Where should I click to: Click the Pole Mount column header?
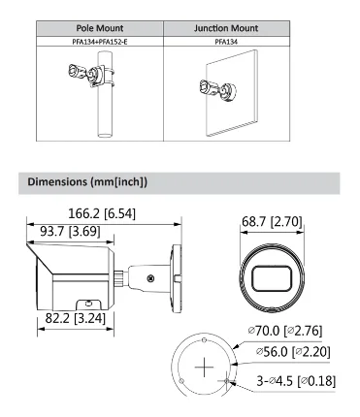tap(100, 28)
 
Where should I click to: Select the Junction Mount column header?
tap(226, 28)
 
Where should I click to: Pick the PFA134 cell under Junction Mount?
tap(226, 42)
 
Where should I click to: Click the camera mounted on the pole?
tap(86, 75)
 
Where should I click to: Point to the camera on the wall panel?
tap(218, 89)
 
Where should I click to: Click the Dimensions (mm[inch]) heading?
tap(87, 181)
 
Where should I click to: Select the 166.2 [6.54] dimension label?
tap(102, 213)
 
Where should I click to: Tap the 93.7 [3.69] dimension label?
tap(70, 231)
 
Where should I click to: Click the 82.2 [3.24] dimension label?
tap(76, 318)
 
